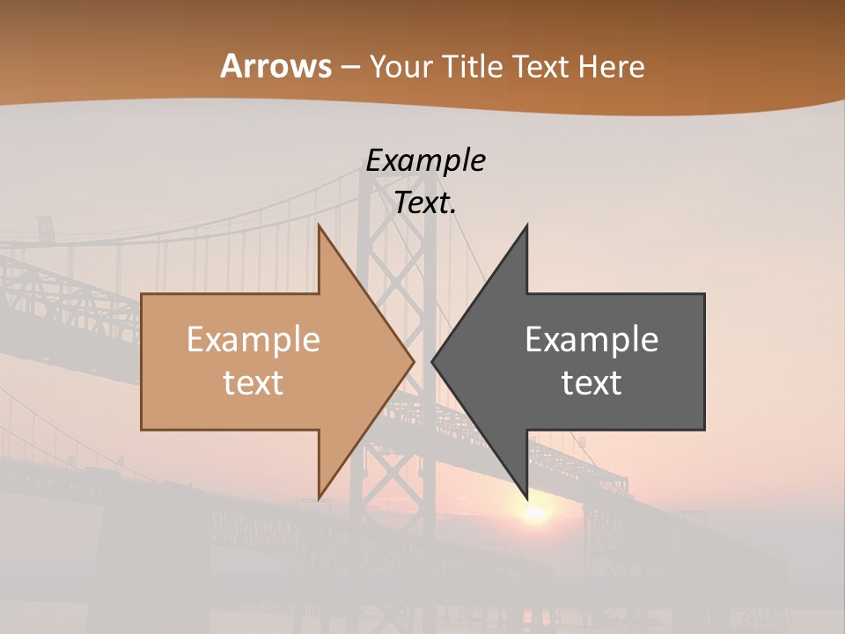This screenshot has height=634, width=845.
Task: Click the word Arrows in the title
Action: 276,66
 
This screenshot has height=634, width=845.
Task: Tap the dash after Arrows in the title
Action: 350,67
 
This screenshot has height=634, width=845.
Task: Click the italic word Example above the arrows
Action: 425,160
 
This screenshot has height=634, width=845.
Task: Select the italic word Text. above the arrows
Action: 425,203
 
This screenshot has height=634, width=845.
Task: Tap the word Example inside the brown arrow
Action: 253,339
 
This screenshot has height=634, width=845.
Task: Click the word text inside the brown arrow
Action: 253,382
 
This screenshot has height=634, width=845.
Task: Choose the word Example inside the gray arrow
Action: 591,339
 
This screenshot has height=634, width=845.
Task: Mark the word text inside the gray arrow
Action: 591,382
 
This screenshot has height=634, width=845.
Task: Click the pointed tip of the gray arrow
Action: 433,361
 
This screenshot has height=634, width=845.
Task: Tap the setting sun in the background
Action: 534,513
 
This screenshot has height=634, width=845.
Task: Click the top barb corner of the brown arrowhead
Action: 320,226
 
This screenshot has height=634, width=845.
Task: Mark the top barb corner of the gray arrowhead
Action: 526,226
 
